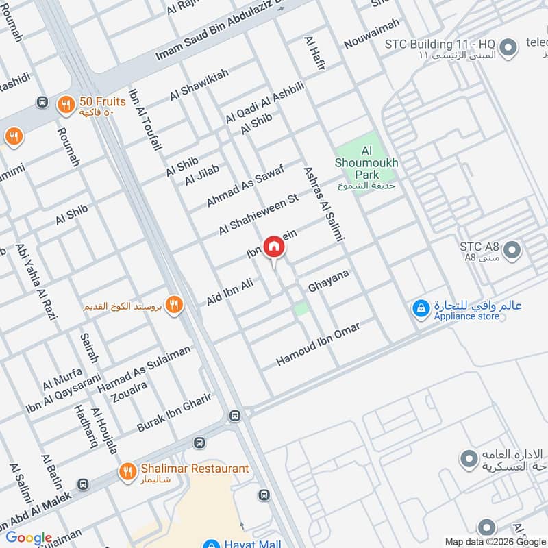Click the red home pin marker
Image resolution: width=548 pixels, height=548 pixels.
[273, 247]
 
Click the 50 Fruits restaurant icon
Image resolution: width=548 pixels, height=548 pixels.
[66, 103]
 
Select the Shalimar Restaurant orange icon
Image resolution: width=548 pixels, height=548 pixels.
[127, 471]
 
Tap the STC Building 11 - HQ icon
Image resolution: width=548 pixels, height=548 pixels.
[508, 48]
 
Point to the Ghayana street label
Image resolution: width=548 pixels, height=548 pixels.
[329, 279]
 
